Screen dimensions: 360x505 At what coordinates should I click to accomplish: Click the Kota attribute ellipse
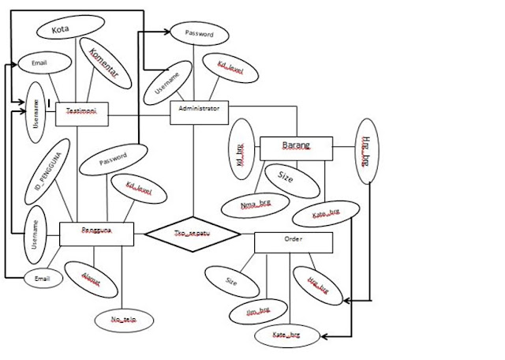point(59,30)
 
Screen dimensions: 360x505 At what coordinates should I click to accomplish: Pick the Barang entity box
point(296,147)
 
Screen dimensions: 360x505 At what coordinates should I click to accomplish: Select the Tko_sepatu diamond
point(193,234)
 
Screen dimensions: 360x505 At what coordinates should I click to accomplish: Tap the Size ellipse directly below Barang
point(286,178)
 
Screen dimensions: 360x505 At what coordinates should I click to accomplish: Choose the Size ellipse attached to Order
point(230,279)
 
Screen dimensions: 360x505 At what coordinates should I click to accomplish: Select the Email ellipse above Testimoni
point(39,62)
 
